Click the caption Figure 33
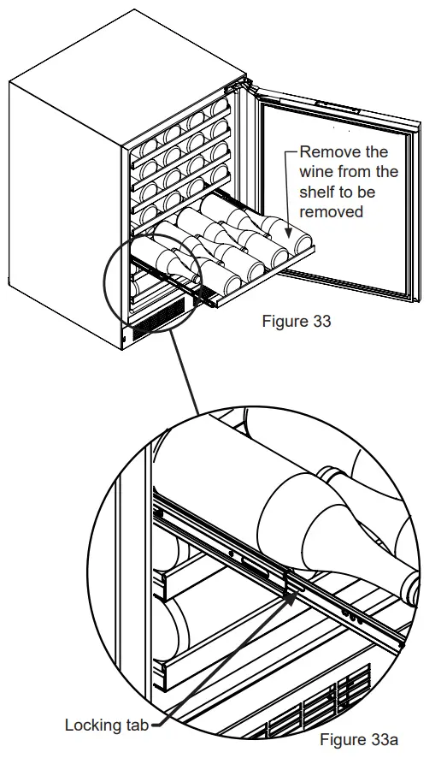coord(296,322)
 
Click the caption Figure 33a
coord(359,738)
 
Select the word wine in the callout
coord(317,171)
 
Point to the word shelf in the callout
coord(318,192)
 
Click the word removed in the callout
coord(332,211)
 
